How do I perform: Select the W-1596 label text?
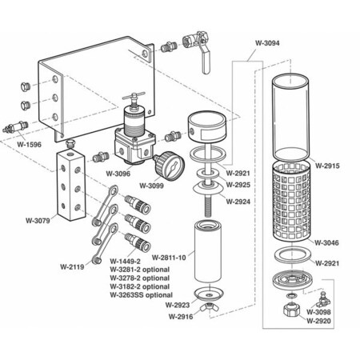coord(31,145)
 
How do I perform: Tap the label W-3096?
coord(118,172)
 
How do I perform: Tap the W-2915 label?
coord(327,166)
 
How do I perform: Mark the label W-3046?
coord(327,242)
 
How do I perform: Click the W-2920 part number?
coord(319,321)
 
